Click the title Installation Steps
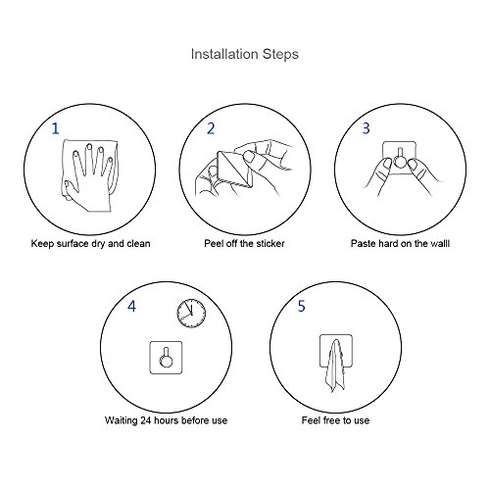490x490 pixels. [x=245, y=54]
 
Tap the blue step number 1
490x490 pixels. [x=56, y=128]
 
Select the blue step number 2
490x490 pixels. [x=211, y=128]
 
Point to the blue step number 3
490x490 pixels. [x=367, y=128]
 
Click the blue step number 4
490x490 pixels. [x=131, y=306]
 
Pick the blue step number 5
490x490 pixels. [x=301, y=306]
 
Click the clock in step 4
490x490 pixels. [x=191, y=314]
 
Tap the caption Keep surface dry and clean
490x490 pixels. [x=90, y=244]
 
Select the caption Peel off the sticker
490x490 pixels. [x=244, y=243]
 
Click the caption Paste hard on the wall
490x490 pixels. [x=400, y=243]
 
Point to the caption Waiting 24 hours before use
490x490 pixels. [x=166, y=420]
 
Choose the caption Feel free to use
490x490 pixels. [x=335, y=420]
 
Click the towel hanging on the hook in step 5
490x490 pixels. [x=335, y=366]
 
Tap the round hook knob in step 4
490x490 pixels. [x=166, y=361]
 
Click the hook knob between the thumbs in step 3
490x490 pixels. [x=400, y=162]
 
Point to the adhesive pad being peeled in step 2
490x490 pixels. [x=234, y=170]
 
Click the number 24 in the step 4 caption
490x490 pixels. [x=146, y=420]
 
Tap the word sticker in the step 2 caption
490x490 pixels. [x=270, y=243]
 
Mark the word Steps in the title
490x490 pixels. [x=280, y=55]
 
